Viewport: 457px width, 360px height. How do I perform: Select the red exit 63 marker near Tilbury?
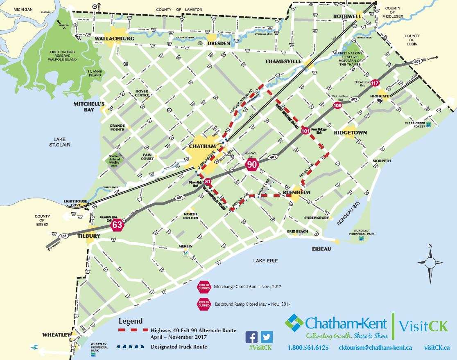tap(117, 225)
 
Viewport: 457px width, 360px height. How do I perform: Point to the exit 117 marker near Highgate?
tap(375, 83)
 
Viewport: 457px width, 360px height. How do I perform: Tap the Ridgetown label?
tap(350, 133)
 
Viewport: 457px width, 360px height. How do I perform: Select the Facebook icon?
tap(251, 337)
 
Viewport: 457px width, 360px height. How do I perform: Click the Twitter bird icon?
tap(266, 337)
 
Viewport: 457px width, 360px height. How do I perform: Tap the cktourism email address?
tap(376, 348)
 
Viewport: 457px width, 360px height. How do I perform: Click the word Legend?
tap(130, 321)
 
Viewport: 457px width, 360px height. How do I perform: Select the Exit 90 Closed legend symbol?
tap(204, 286)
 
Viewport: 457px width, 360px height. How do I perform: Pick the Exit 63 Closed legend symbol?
tap(204, 304)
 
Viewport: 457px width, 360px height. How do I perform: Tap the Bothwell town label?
tap(347, 16)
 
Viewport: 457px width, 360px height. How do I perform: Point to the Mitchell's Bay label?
tap(89, 106)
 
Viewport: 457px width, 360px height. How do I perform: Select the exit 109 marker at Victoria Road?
tap(337, 105)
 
